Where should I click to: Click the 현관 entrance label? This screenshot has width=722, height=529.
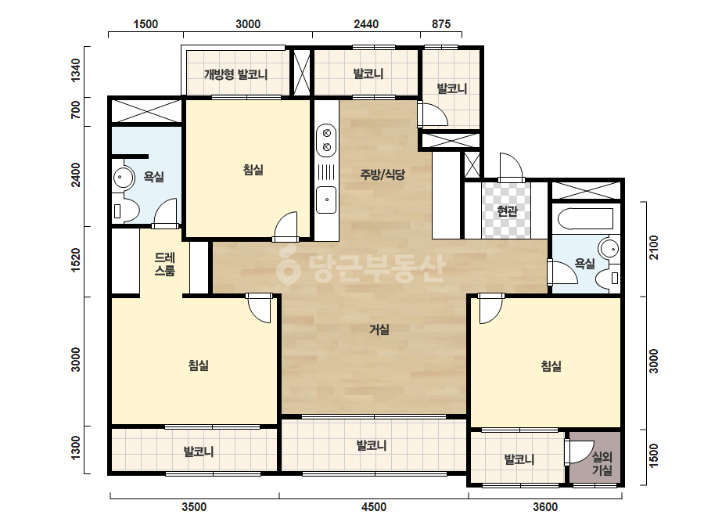coord(508,211)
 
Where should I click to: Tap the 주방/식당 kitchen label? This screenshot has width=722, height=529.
coord(383,175)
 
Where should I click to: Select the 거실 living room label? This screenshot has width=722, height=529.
coord(379,329)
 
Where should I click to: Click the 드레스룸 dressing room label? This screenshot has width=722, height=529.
coord(165,264)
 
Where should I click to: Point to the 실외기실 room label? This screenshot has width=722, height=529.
coord(602,463)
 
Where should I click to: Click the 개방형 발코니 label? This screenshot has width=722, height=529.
coord(235,74)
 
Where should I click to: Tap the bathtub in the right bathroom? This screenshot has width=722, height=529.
coord(585,219)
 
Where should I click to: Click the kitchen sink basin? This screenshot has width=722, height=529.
coord(326,200)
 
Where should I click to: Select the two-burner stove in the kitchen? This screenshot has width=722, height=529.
coord(326,141)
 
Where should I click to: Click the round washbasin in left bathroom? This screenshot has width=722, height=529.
coord(123,177)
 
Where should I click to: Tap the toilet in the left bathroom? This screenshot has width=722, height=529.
coord(125,211)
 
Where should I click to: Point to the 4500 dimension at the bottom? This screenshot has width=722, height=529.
coord(374,507)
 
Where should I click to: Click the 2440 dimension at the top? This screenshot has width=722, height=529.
coord(366,24)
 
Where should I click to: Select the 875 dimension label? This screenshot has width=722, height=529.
coord(441,24)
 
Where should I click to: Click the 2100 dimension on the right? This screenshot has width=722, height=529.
coord(654,247)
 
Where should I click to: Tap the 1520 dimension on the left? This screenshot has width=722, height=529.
coord(76,260)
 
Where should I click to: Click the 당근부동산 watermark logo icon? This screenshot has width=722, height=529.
coord(288,265)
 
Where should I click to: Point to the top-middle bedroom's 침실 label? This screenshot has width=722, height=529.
coord(253,170)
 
